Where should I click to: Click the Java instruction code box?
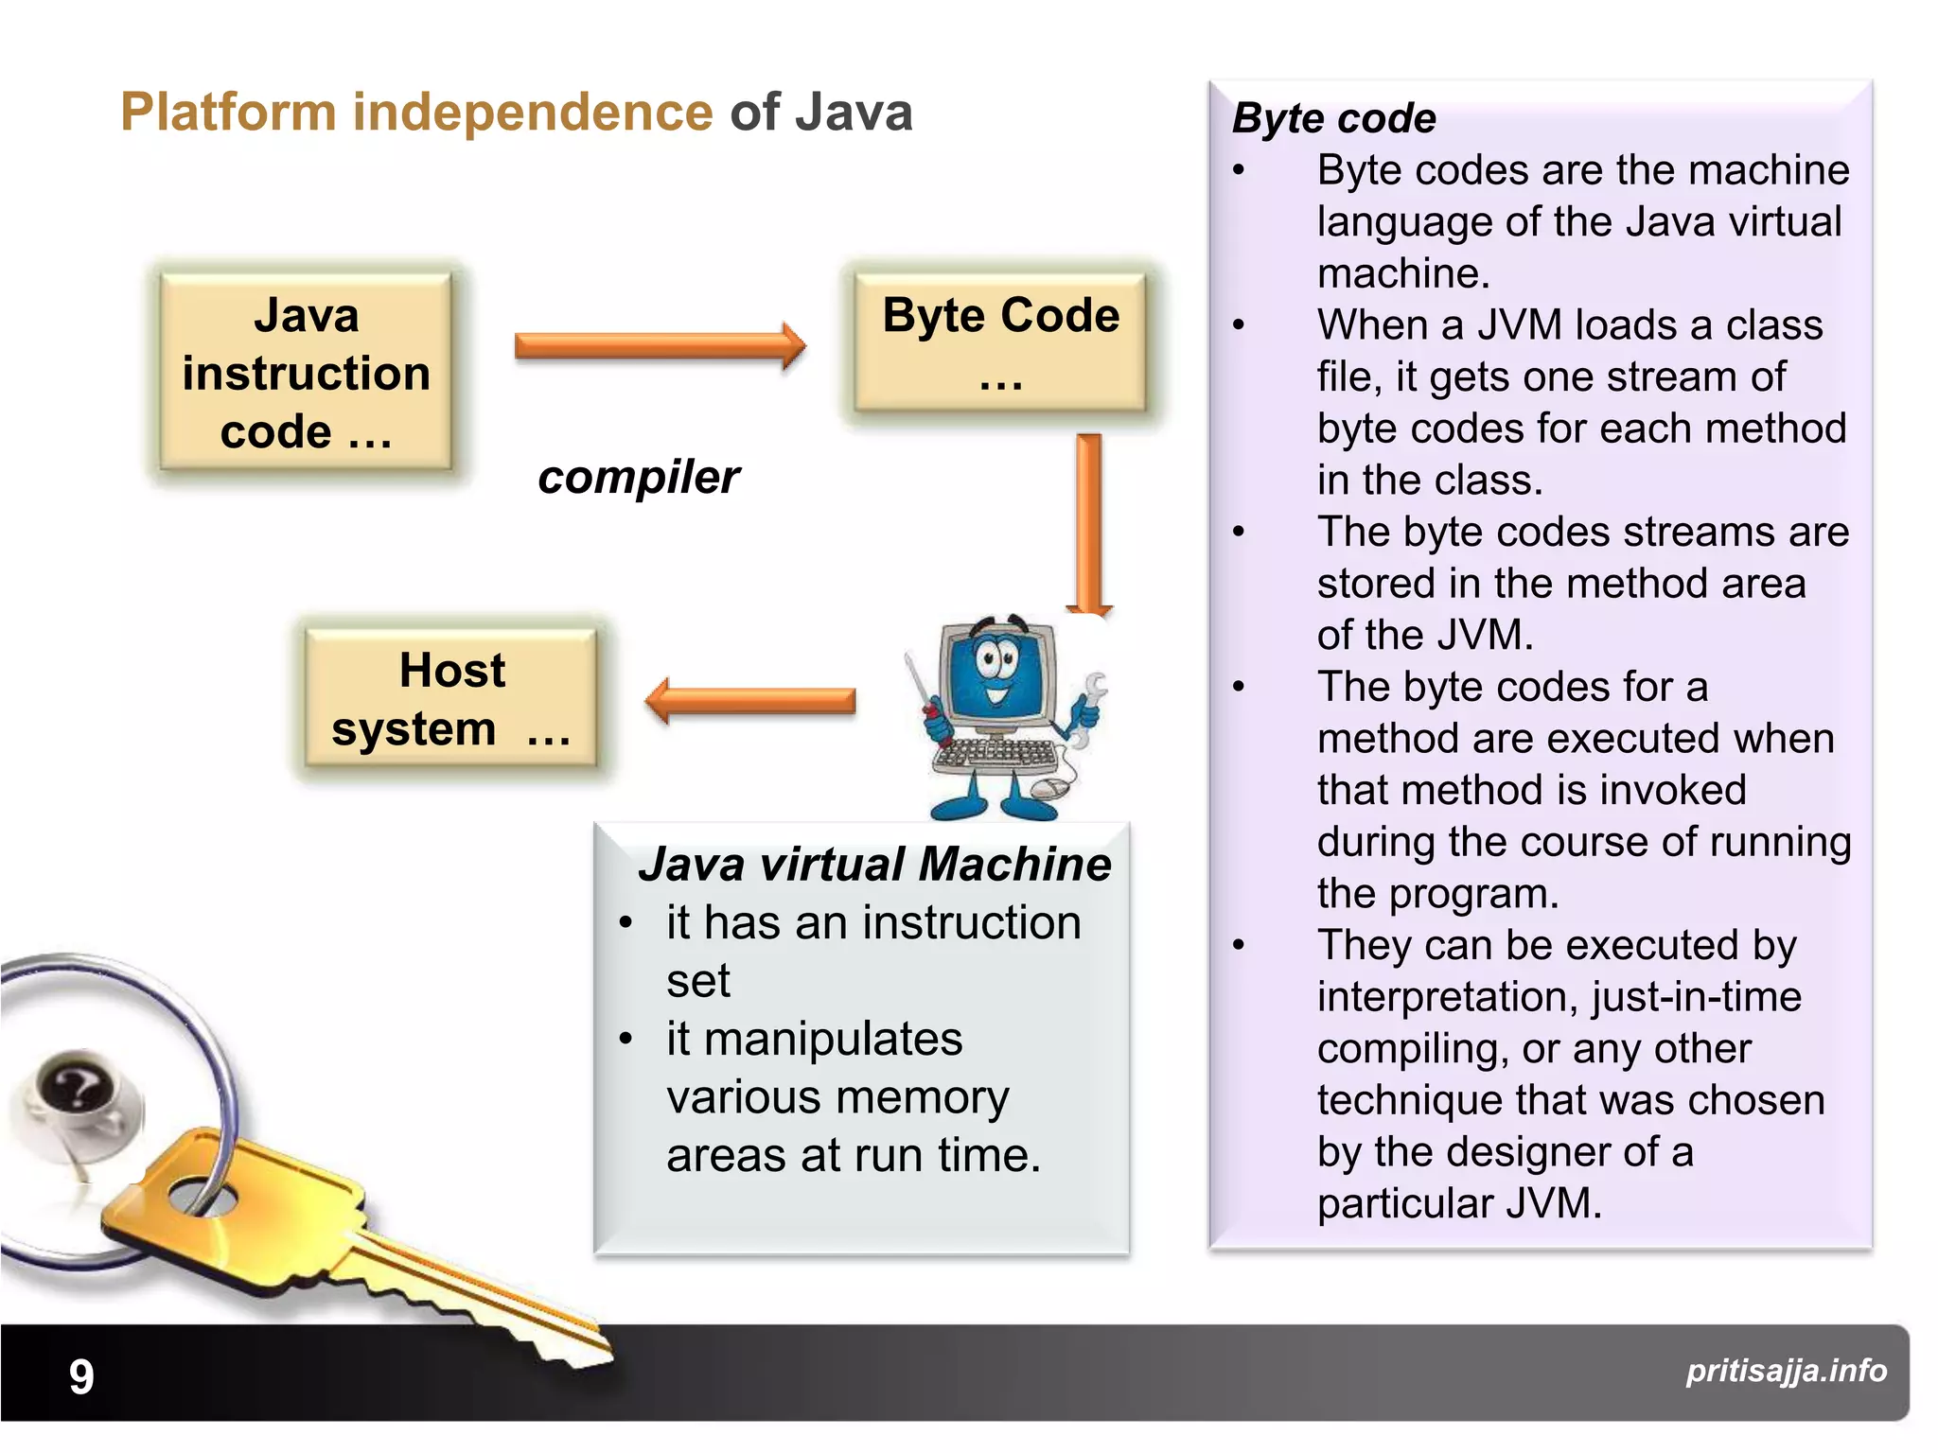point(306,372)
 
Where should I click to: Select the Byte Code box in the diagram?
point(1000,342)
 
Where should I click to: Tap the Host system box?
point(451,698)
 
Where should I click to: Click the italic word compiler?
point(639,477)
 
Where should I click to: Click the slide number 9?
point(81,1376)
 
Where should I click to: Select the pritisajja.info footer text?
point(1786,1371)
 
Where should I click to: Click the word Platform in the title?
point(228,113)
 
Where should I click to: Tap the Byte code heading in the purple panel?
point(1333,119)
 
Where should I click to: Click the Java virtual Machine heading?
point(874,865)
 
